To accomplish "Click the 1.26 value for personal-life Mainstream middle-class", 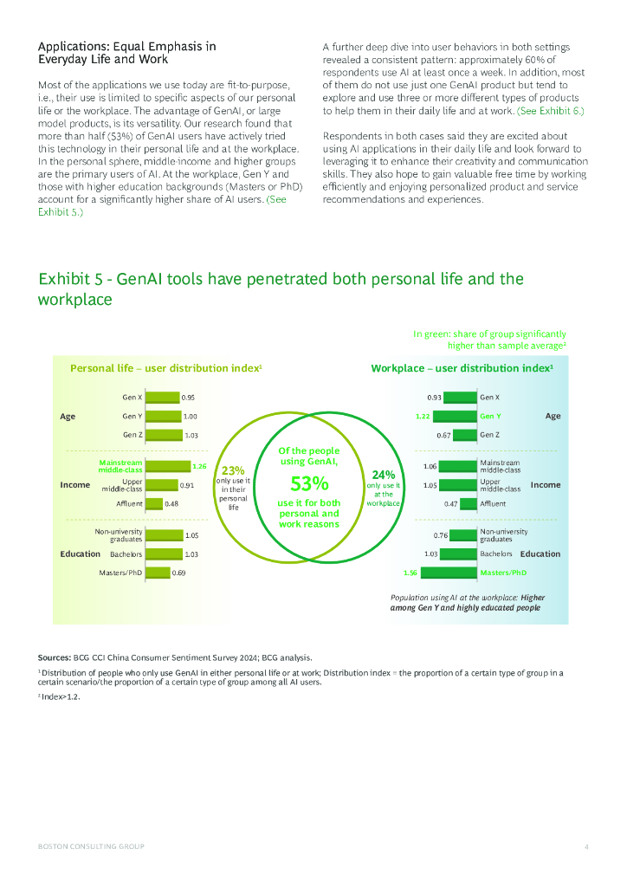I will (199, 467).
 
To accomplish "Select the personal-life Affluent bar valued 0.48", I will (154, 503).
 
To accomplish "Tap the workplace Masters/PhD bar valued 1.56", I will (448, 573).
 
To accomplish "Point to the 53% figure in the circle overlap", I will (309, 483).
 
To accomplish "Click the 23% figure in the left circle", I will (233, 471).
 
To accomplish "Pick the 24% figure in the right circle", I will (384, 475).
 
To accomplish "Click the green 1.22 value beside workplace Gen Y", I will (423, 417).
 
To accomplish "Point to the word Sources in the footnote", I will (55, 657).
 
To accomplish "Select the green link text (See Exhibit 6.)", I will (551, 112).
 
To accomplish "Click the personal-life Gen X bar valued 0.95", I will (162, 398).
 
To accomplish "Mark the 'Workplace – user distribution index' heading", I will (462, 368).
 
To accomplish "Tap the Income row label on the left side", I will (75, 485).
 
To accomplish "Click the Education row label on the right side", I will (540, 554).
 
